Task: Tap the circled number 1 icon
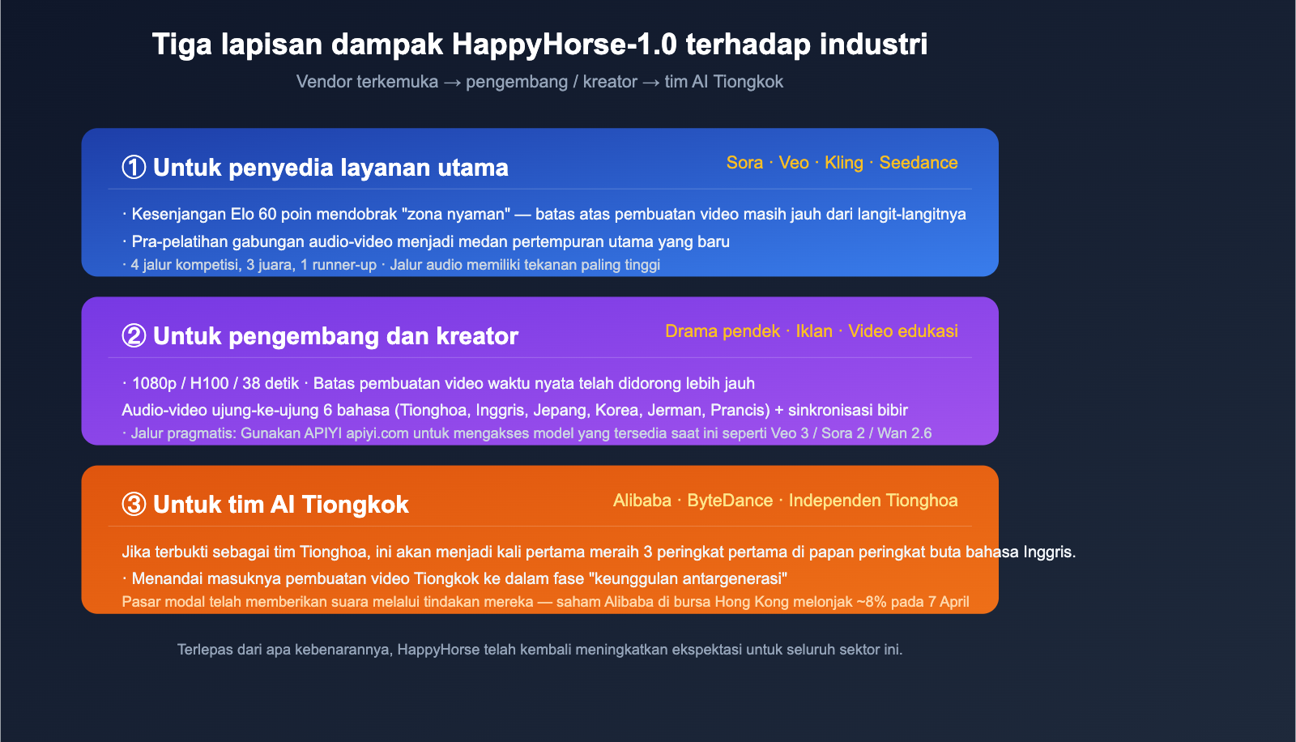coord(134,167)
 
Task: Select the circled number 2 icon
coord(134,335)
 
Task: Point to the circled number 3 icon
coord(134,504)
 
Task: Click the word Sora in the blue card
coord(744,163)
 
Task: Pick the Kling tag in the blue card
coord(843,163)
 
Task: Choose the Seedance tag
coord(919,163)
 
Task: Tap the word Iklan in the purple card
coord(814,331)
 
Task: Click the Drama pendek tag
coord(723,331)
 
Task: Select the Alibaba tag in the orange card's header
coord(642,500)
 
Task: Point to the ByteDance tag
coord(730,500)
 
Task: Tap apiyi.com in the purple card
coord(377,433)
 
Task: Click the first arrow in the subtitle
coord(452,83)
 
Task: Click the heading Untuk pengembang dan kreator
coord(335,336)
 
